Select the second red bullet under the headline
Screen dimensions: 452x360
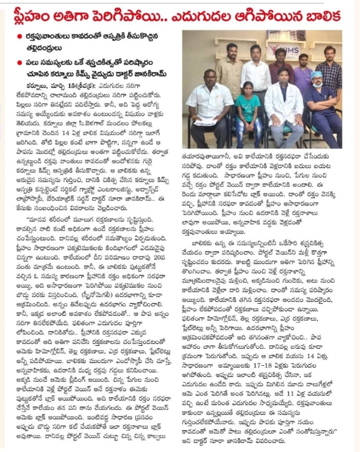point(20,63)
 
